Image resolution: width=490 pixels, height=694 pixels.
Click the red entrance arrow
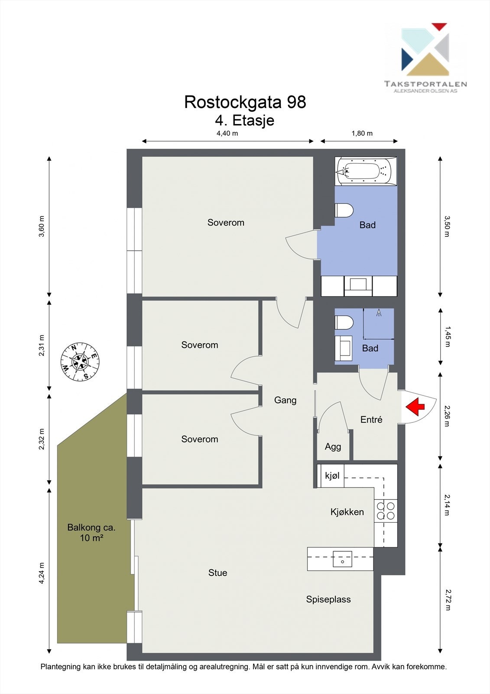pos(415,406)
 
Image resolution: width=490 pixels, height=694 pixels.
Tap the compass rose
pos(80,362)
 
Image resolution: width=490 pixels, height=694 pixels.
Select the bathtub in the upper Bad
pos(366,171)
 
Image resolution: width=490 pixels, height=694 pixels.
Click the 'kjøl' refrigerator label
pos(332,475)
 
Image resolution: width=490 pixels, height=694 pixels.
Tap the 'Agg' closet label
pos(333,447)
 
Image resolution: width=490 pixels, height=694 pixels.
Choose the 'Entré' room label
pos(371,419)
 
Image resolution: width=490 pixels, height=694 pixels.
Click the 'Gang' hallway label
pos(285,400)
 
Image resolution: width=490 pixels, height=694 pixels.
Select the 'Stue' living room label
pos(217,573)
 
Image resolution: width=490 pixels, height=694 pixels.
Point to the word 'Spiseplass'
pos(328,599)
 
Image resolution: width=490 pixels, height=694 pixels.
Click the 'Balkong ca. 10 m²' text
pos(91,532)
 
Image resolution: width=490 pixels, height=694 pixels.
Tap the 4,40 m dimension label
pos(227,134)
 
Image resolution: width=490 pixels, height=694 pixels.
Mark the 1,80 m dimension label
pos(362,134)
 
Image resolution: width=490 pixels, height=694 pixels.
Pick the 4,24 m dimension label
pos(42,573)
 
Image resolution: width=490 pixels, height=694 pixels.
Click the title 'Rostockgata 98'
pos(245,102)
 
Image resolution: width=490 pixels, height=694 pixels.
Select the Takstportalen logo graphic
pos(425,49)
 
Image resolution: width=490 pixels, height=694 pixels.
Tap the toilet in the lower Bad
pos(344,323)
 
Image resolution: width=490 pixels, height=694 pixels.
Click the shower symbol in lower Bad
pos(379,313)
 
